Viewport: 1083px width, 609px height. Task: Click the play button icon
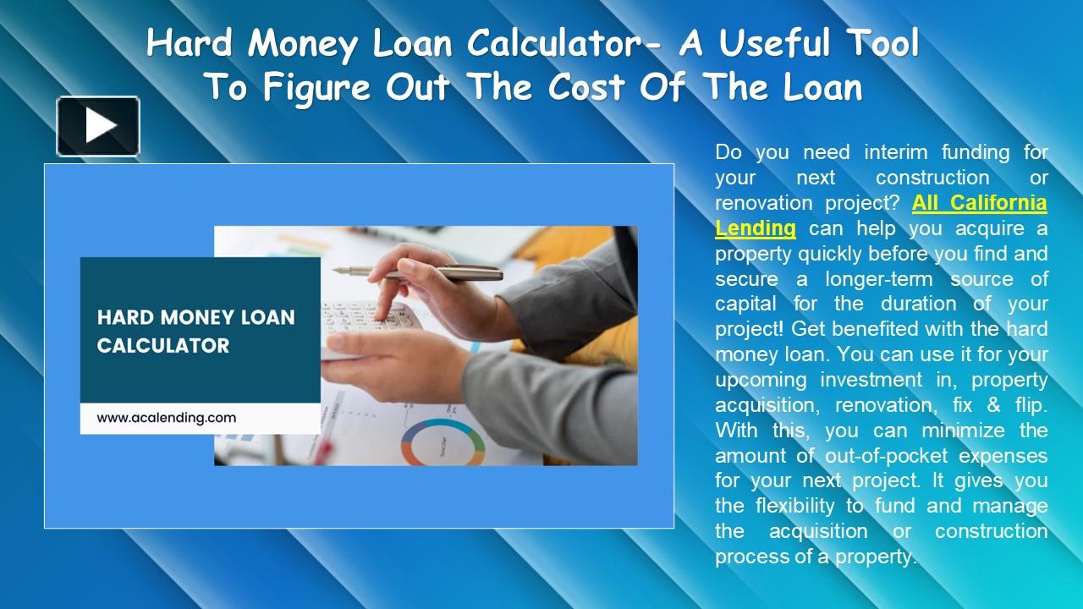(x=98, y=126)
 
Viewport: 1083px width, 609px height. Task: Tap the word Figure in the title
(x=312, y=87)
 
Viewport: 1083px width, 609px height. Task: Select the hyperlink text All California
(x=979, y=203)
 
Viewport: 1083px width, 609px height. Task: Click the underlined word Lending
(x=756, y=228)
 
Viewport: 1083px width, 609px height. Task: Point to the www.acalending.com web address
(x=166, y=418)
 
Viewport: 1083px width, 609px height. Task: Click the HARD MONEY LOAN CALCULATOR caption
(x=196, y=332)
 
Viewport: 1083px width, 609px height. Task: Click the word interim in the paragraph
(x=897, y=152)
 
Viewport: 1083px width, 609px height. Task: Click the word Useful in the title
(x=783, y=45)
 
